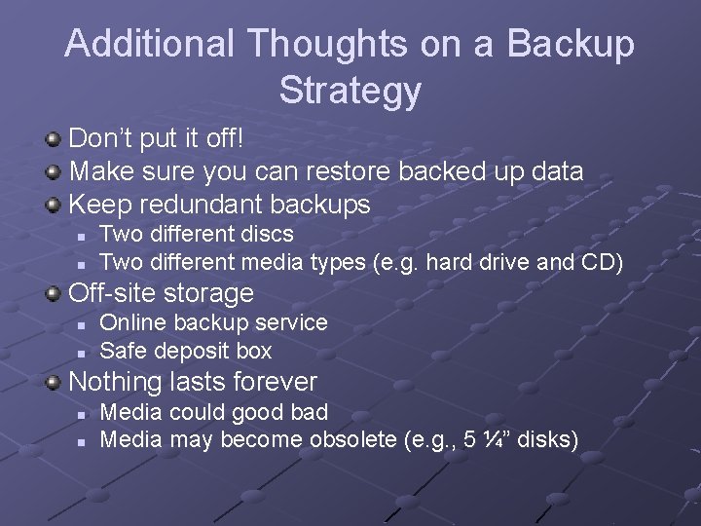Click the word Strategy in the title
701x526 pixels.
click(350, 91)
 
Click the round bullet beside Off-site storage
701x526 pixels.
click(55, 292)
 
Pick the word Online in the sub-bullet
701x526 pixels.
click(130, 322)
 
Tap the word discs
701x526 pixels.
click(266, 234)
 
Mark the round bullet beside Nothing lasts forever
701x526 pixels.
click(55, 381)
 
